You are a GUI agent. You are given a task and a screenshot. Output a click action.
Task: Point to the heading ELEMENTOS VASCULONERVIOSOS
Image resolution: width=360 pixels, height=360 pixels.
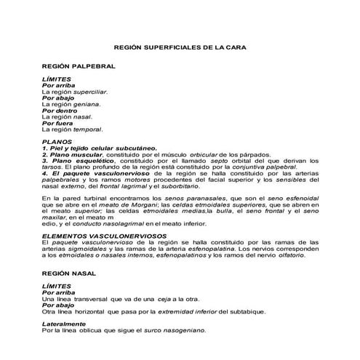pyautogui.click(x=100, y=236)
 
